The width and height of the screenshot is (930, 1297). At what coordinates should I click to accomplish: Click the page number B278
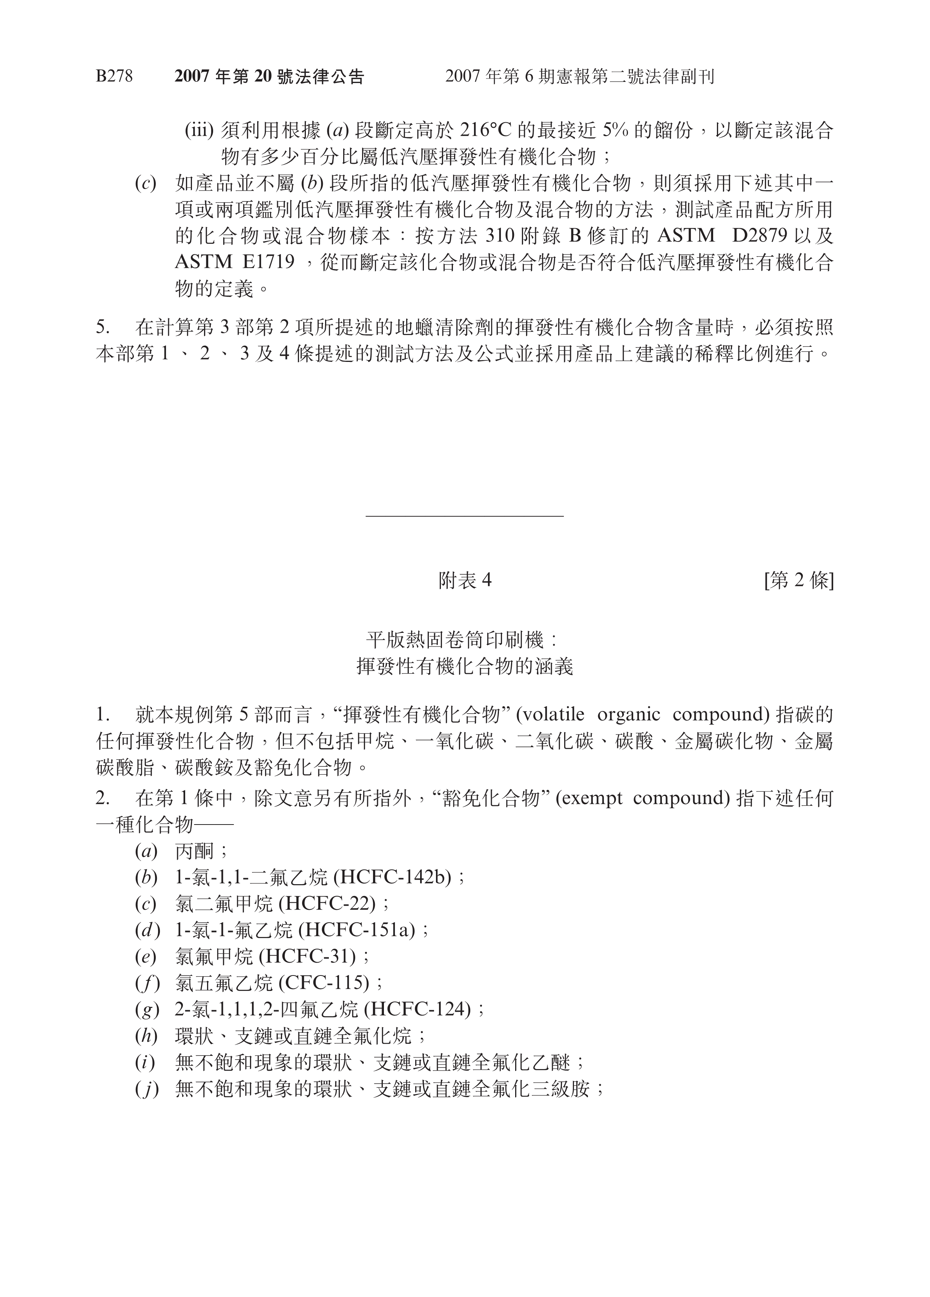[x=114, y=76]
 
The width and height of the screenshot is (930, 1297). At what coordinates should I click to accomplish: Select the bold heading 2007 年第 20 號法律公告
[x=269, y=77]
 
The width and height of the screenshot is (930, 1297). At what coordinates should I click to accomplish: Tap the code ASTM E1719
[x=234, y=262]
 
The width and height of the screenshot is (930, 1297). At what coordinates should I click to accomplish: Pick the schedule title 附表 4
[x=465, y=581]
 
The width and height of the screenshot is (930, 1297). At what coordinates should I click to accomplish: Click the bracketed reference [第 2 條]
[x=798, y=581]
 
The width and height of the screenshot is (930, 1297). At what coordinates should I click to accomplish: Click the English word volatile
[x=553, y=715]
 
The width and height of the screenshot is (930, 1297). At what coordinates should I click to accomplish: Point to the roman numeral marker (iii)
[x=199, y=131]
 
